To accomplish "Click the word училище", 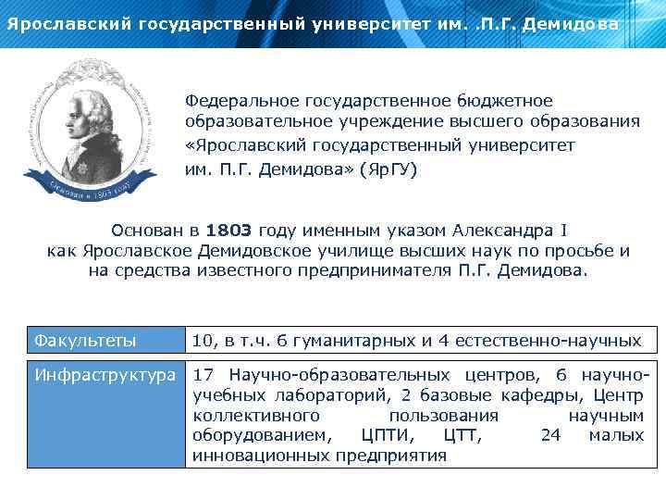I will coord(312,250).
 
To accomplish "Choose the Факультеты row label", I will coord(85,341).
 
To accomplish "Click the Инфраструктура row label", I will coord(105,375).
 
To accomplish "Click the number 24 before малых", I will coord(549,435).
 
